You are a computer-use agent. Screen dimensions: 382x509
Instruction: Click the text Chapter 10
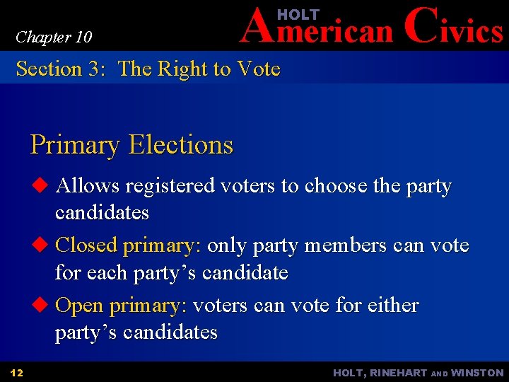click(x=54, y=37)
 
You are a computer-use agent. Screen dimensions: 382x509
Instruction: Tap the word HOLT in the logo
click(x=298, y=14)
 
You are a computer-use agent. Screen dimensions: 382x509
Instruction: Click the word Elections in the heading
click(x=180, y=145)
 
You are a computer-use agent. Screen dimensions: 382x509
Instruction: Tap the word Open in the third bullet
click(x=79, y=306)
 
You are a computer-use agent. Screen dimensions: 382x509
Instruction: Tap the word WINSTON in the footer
click(x=477, y=373)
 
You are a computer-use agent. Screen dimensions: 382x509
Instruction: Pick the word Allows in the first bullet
click(x=88, y=186)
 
